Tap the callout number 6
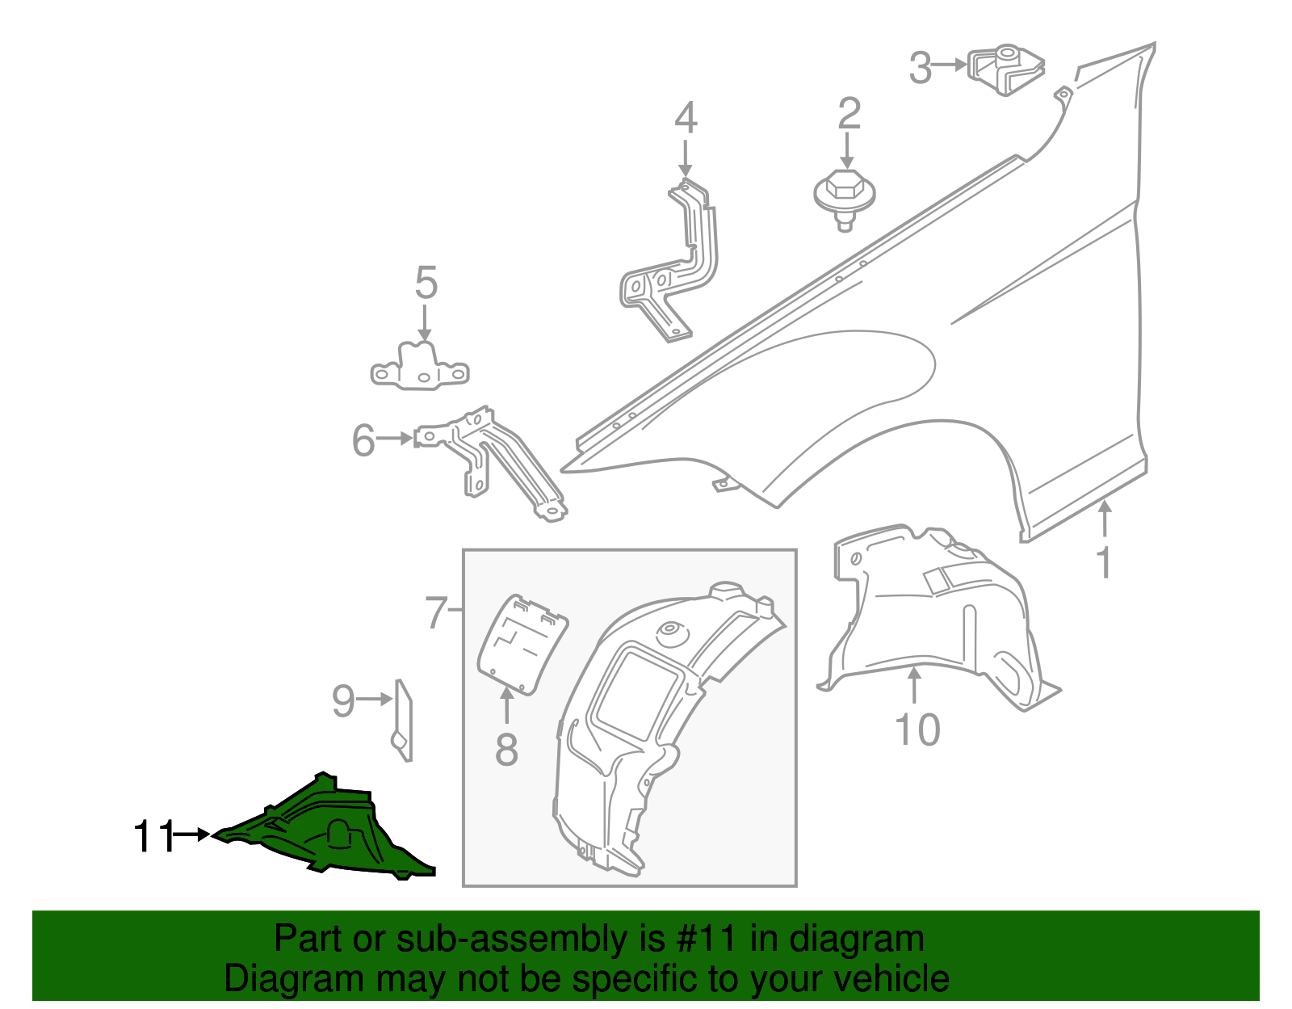click(x=363, y=441)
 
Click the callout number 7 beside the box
click(x=436, y=612)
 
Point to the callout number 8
click(x=506, y=749)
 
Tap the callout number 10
click(x=918, y=729)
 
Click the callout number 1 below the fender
click(x=1103, y=563)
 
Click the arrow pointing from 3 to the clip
click(x=951, y=65)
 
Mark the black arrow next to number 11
click(x=193, y=835)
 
